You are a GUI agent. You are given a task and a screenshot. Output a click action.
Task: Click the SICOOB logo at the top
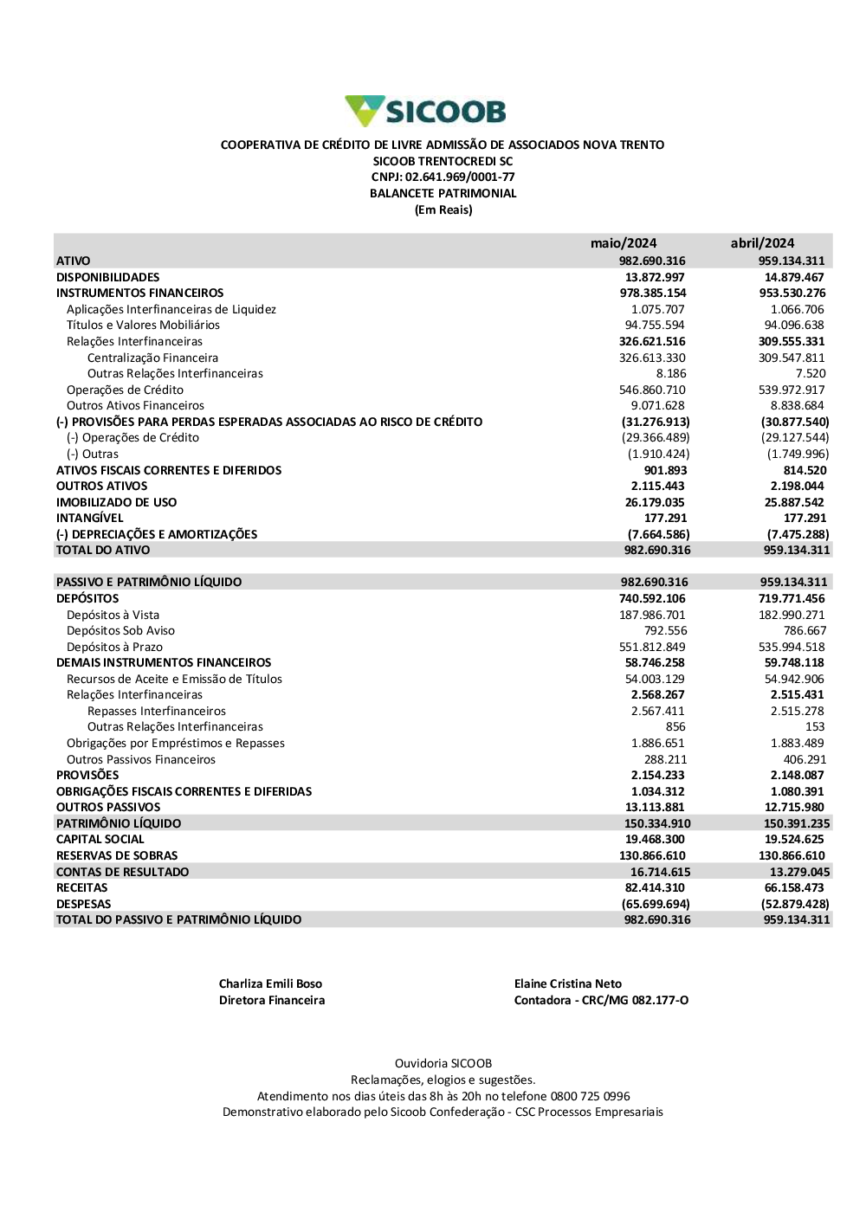click(x=425, y=111)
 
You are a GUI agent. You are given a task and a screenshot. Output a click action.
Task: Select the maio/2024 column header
click(x=624, y=243)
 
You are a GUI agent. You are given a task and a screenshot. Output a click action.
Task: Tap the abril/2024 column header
click(x=762, y=243)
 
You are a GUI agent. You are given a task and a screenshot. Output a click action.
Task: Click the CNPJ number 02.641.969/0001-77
click(x=460, y=177)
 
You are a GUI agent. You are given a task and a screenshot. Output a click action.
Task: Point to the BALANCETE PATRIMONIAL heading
click(x=443, y=193)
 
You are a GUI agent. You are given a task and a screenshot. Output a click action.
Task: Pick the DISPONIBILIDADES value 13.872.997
click(x=655, y=277)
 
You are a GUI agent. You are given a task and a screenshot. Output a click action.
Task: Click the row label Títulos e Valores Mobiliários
click(x=143, y=325)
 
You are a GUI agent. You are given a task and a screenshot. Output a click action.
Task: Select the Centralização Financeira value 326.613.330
click(x=652, y=358)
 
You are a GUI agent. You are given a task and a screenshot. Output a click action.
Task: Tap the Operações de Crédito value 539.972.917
click(x=792, y=390)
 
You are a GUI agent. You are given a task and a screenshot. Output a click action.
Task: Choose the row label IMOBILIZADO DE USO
click(x=116, y=502)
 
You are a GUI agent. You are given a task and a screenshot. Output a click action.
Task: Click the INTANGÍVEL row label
click(x=90, y=518)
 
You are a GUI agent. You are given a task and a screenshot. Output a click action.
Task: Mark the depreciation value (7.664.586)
click(x=658, y=534)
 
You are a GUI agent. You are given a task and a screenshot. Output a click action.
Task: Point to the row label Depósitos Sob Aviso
click(x=120, y=630)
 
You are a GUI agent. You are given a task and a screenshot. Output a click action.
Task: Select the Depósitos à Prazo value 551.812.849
click(x=652, y=647)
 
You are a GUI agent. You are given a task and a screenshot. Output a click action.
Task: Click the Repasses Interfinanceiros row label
click(x=157, y=711)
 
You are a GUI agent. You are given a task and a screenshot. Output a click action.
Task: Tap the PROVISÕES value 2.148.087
click(x=797, y=775)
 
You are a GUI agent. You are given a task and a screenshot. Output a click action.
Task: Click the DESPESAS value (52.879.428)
click(x=795, y=904)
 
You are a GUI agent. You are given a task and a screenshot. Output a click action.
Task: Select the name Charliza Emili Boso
click(x=270, y=983)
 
